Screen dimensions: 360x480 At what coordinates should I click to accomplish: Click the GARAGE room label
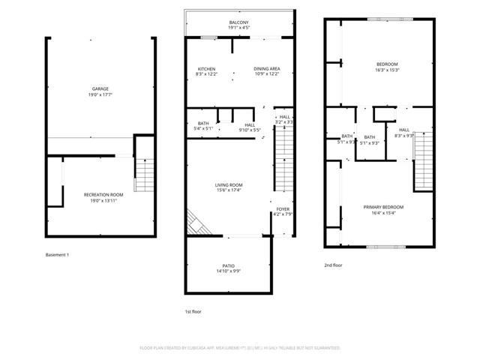pos(100,88)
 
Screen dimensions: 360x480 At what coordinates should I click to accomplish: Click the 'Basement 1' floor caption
pos(57,255)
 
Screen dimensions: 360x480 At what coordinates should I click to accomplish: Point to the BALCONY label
pos(239,22)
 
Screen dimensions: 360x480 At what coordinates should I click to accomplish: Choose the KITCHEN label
pos(205,68)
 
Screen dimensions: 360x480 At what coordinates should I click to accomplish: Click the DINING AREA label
pos(267,68)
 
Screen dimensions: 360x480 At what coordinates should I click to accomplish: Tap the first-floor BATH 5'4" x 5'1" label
pos(203,126)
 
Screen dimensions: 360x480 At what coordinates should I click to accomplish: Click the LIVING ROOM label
pos(229,185)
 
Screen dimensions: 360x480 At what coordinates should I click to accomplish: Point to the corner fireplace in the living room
pos(196,222)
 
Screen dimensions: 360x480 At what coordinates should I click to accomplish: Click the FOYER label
pos(282,210)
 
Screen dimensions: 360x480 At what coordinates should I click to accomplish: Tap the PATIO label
pos(229,265)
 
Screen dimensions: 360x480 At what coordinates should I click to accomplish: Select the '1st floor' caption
pos(193,311)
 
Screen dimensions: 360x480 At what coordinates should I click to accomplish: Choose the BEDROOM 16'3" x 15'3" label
pos(387,64)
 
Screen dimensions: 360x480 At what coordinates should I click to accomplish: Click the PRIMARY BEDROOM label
pos(383,207)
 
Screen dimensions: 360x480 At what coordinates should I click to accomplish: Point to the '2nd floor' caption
pos(333,265)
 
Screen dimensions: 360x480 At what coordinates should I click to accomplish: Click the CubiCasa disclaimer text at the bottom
pos(240,348)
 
